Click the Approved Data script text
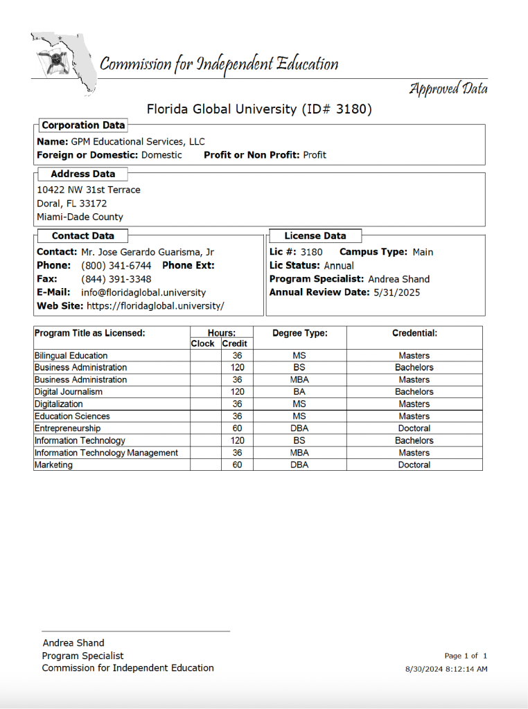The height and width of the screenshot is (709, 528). pyautogui.click(x=448, y=89)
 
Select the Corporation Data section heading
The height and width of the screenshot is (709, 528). pyautogui.click(x=83, y=125)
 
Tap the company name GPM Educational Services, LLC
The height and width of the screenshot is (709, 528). pyautogui.click(x=138, y=141)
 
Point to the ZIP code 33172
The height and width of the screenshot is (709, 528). pyautogui.click(x=93, y=204)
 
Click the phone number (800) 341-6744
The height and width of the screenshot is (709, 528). pyautogui.click(x=116, y=265)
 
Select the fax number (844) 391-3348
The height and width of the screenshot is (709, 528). pyautogui.click(x=116, y=279)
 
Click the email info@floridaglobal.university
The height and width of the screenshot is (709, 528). pyautogui.click(x=143, y=292)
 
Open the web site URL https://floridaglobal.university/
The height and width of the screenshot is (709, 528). pyautogui.click(x=155, y=305)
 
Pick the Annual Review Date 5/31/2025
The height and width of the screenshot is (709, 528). pyautogui.click(x=396, y=292)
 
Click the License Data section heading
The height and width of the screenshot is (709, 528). pyautogui.click(x=315, y=236)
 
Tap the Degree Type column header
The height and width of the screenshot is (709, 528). pyautogui.click(x=299, y=333)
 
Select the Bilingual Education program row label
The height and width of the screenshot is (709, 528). pyautogui.click(x=71, y=356)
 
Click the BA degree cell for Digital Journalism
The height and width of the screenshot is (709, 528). pyautogui.click(x=299, y=392)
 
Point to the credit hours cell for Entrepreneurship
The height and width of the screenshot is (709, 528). pyautogui.click(x=237, y=429)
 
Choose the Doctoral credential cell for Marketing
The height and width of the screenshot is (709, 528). pyautogui.click(x=414, y=465)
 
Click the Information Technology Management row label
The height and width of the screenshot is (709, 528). pyautogui.click(x=106, y=453)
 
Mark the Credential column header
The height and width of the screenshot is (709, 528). pyautogui.click(x=414, y=333)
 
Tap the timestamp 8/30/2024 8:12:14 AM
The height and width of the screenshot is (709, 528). pyautogui.click(x=446, y=670)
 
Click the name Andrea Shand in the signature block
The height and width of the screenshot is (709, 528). pyautogui.click(x=73, y=643)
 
